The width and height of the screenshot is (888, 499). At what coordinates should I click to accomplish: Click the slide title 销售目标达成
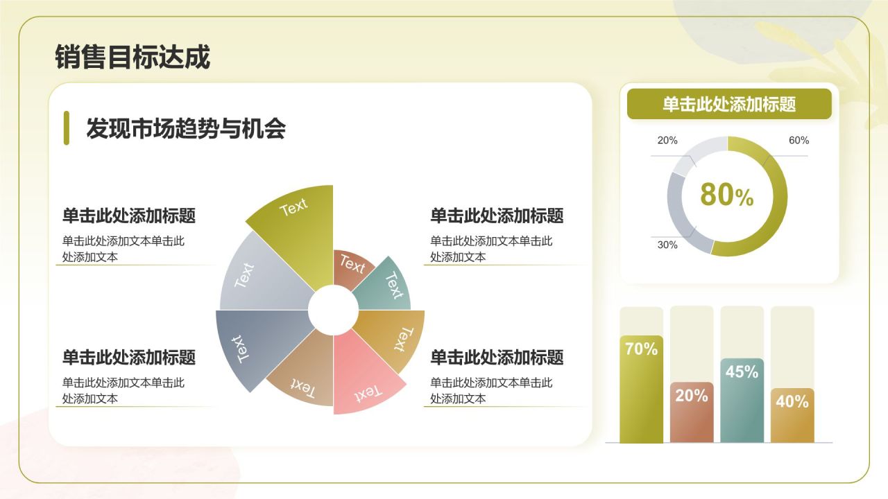pyautogui.click(x=132, y=58)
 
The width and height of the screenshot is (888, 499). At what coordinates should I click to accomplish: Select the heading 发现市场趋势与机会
pyautogui.click(x=185, y=129)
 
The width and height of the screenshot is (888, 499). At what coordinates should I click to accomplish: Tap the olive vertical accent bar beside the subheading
pyautogui.click(x=67, y=128)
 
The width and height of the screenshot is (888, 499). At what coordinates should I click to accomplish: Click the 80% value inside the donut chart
pyautogui.click(x=726, y=195)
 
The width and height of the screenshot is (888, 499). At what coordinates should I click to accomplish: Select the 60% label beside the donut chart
pyautogui.click(x=799, y=140)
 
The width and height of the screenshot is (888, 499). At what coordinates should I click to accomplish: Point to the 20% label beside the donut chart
pyautogui.click(x=667, y=140)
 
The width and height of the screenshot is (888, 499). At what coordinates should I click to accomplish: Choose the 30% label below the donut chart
pyautogui.click(x=667, y=245)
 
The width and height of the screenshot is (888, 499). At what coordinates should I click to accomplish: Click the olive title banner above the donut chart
pyautogui.click(x=729, y=104)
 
